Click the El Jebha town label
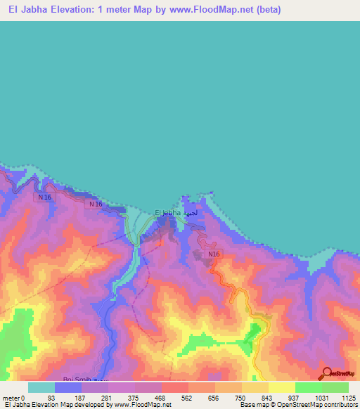coord(168,212)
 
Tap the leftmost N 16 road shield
coord(45,197)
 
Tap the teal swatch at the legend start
coord(41,387)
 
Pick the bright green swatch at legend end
coord(335,387)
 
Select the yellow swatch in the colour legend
coord(281,387)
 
